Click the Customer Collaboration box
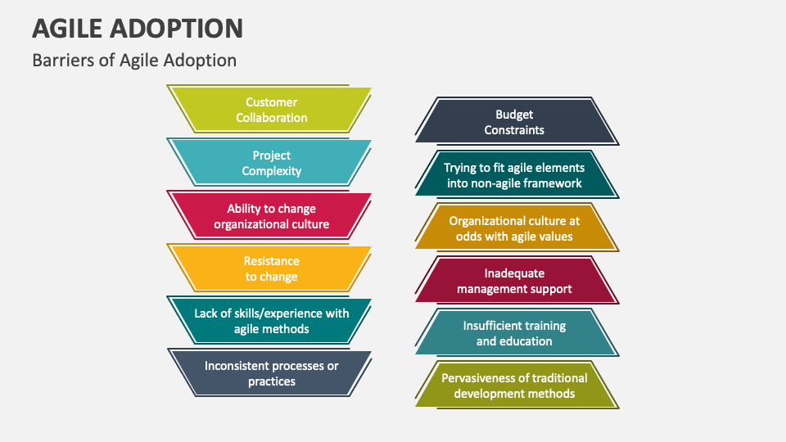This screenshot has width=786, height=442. [270, 110]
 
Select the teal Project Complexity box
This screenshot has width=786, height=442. [270, 163]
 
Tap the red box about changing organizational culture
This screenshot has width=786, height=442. [270, 216]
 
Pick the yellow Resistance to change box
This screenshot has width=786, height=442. [270, 268]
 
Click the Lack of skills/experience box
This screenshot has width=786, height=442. [270, 321]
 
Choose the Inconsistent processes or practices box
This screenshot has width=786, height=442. [270, 373]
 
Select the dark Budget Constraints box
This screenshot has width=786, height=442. [515, 122]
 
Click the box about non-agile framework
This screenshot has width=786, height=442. [515, 175]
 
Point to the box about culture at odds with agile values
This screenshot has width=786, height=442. [515, 228]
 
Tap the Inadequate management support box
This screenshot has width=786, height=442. [515, 281]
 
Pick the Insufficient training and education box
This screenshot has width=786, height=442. [515, 333]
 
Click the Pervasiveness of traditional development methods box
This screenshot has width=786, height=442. [515, 386]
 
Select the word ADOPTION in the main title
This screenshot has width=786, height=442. [184, 29]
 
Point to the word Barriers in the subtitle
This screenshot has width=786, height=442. [60, 61]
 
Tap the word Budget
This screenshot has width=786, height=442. [514, 115]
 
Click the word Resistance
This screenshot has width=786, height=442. [271, 261]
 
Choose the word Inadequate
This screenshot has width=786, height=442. [513, 273]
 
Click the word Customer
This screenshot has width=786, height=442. [271, 102]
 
